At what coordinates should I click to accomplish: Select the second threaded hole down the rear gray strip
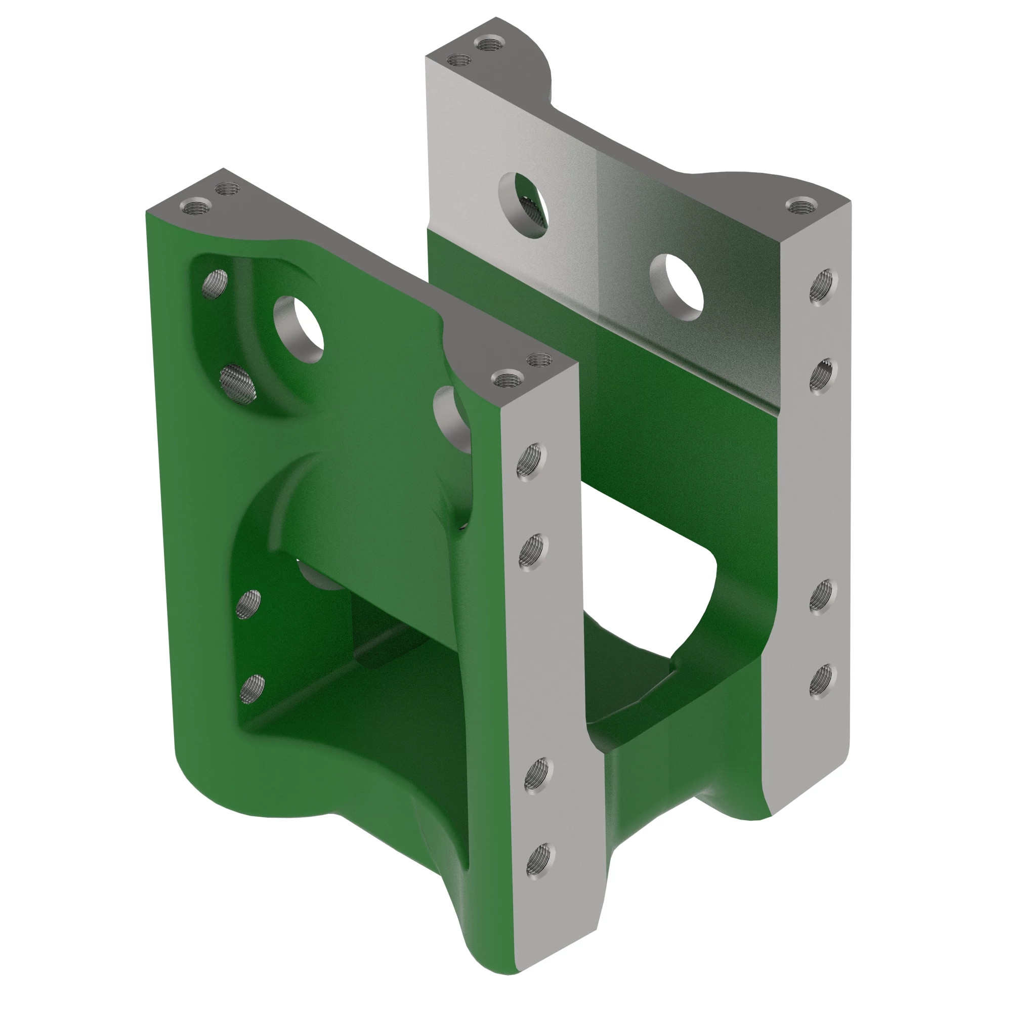coord(822,374)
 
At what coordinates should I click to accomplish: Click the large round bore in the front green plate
coord(302,329)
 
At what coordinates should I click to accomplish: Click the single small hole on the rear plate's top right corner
coord(802,206)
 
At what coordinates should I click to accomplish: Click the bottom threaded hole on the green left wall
coord(252,689)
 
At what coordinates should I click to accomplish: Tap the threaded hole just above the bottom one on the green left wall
coord(248,604)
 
